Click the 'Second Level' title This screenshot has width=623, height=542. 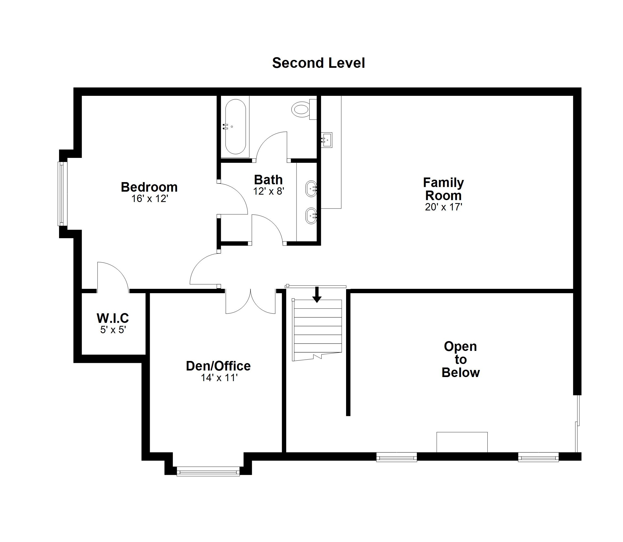[x=319, y=63]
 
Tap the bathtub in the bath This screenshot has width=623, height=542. [x=236, y=127]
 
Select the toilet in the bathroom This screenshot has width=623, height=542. [x=304, y=109]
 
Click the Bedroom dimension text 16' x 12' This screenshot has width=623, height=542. [x=149, y=199]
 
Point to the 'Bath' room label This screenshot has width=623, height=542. [x=268, y=180]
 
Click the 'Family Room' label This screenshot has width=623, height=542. [x=443, y=189]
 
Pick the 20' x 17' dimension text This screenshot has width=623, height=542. [x=444, y=207]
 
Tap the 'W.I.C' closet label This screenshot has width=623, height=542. [x=113, y=318]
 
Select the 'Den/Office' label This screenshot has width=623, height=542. [x=218, y=366]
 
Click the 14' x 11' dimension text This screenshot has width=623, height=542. [x=219, y=378]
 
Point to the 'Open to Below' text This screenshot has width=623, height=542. [x=460, y=359]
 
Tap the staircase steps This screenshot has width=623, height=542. [x=317, y=330]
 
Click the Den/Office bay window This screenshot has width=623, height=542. [x=208, y=471]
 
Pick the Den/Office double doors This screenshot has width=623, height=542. [x=251, y=301]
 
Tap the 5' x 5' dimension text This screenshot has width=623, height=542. [x=113, y=330]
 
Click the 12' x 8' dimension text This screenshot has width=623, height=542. [x=269, y=191]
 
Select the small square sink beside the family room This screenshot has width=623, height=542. [x=326, y=140]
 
